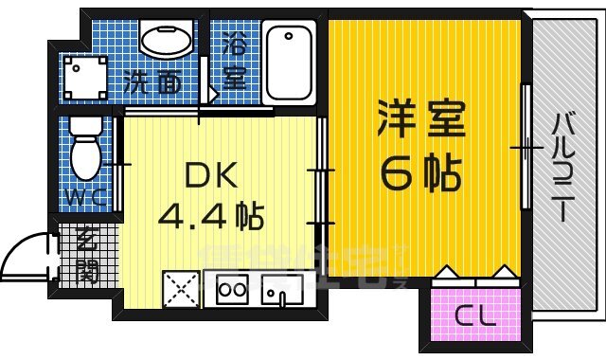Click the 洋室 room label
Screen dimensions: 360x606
tap(423, 120)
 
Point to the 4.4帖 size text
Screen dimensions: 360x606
tap(209, 217)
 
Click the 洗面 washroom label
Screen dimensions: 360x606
tap(153, 82)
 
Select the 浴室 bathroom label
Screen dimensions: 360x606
tap(235, 60)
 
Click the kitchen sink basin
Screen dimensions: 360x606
tap(278, 290)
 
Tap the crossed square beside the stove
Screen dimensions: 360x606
tap(182, 289)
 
